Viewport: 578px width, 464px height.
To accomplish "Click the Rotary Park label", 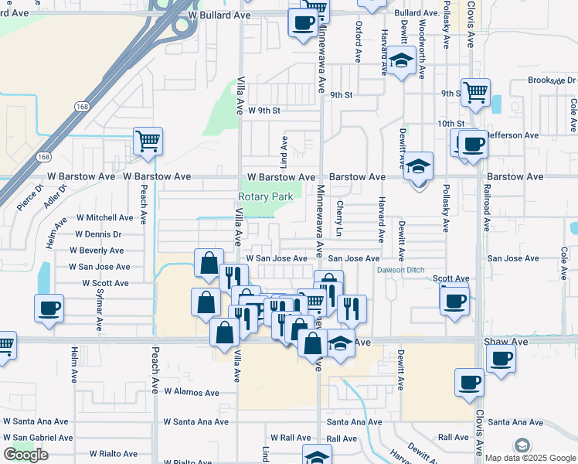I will coord(266,196).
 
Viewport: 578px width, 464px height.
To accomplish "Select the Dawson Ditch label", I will coord(401,270).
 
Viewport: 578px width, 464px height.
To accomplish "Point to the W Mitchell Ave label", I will coord(104,218).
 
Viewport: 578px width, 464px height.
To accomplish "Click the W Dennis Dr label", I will coord(98,234).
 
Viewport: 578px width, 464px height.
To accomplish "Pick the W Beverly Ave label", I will coord(97,251).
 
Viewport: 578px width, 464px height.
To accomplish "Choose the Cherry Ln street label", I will coord(340,218).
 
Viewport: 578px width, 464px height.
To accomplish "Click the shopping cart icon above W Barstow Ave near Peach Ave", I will coord(148,141).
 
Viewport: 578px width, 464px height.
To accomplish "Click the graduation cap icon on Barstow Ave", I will coord(418,166).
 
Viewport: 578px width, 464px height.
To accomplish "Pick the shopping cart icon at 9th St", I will coord(476,93).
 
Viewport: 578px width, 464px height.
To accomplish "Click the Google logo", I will coord(25,455).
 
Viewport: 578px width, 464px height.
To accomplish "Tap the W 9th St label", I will coord(263,111).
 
